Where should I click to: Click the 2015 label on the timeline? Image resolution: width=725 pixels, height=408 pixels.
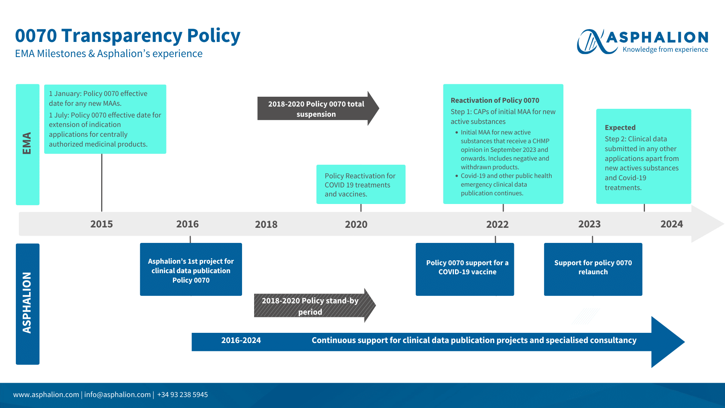click(102, 224)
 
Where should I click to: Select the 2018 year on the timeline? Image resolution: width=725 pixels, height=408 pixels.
click(266, 224)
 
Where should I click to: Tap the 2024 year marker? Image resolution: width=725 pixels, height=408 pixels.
click(671, 224)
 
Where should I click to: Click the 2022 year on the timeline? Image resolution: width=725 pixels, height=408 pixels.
click(497, 224)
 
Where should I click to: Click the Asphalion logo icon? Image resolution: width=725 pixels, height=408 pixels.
click(591, 42)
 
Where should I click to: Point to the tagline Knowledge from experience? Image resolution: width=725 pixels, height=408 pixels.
click(665, 49)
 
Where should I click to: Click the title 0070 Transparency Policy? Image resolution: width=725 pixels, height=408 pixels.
click(128, 36)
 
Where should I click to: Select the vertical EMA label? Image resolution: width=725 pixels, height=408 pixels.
click(27, 144)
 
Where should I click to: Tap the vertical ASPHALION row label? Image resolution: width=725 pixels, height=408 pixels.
click(27, 303)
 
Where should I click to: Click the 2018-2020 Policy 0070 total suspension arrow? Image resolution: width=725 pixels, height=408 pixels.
click(316, 109)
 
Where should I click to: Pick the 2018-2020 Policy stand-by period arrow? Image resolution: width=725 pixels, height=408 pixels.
click(310, 306)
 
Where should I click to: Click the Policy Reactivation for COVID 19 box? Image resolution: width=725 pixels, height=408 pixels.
click(361, 185)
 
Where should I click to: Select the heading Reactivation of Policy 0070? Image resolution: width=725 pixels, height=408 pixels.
click(495, 100)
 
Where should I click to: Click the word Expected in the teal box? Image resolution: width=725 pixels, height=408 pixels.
click(620, 128)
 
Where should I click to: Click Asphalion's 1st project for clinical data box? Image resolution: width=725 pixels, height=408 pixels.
click(191, 270)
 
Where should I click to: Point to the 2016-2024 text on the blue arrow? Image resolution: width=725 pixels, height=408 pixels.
click(241, 340)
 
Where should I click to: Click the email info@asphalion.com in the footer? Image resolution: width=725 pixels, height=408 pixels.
click(117, 395)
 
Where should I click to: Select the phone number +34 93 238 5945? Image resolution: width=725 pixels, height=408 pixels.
click(182, 395)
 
